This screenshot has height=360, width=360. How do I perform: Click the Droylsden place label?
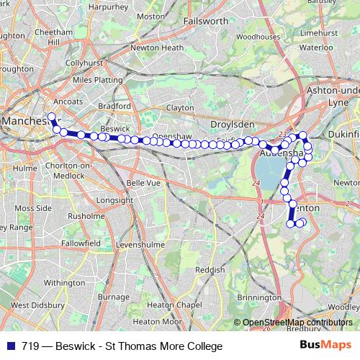pyautogui.click(x=228, y=124)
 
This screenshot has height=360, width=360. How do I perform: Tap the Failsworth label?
pyautogui.click(x=205, y=22)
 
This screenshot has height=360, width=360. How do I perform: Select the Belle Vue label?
pyautogui.click(x=140, y=183)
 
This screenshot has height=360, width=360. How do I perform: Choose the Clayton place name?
pyautogui.click(x=180, y=107)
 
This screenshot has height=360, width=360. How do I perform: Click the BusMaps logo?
pyautogui.click(x=324, y=346)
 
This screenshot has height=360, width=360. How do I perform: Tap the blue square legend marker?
pyautogui.click(x=12, y=346)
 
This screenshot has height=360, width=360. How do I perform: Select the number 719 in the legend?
pyautogui.click(x=31, y=346)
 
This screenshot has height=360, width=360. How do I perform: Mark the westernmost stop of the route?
pyautogui.click(x=51, y=116)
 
